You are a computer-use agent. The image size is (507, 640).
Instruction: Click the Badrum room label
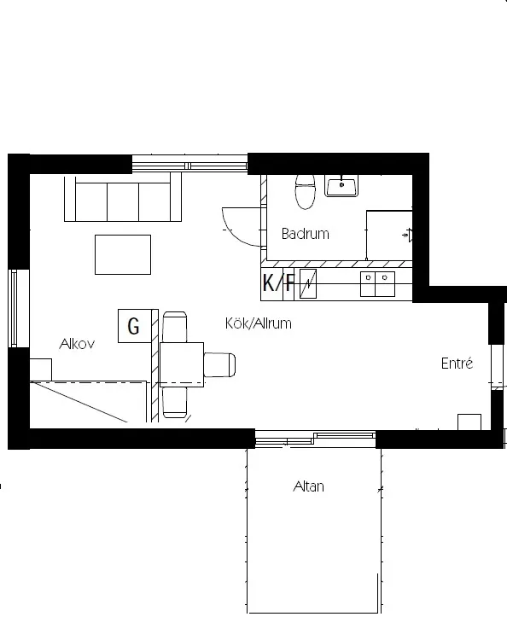point(305,234)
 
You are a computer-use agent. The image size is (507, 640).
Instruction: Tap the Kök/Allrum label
point(258,323)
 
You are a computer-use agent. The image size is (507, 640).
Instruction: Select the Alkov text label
point(76,344)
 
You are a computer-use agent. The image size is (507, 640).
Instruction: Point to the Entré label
point(457,364)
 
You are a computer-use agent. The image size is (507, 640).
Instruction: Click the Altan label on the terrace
point(308,487)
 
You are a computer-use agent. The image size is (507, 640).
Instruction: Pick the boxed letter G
point(133,326)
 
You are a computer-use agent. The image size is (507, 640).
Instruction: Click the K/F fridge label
point(278,283)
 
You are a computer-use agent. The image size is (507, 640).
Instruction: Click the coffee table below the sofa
point(123,254)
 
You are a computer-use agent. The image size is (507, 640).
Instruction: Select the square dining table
point(181,364)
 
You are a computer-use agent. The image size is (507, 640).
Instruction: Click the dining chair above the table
point(175,328)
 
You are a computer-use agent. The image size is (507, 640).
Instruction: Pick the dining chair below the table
point(176,401)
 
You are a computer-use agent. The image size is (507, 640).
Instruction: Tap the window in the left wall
point(13,307)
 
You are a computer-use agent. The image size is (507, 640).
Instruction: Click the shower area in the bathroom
point(389,234)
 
